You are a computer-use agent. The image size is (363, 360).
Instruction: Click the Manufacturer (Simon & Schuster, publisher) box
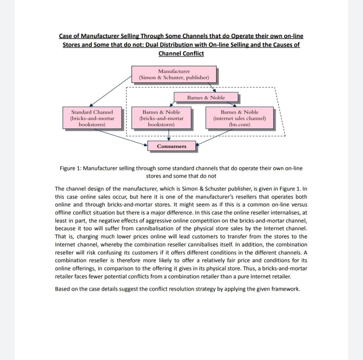click(174, 74)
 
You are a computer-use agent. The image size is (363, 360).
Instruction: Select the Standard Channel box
click(92, 118)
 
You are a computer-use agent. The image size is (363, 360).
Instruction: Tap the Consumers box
click(172, 146)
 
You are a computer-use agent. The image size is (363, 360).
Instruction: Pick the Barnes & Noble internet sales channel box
click(240, 118)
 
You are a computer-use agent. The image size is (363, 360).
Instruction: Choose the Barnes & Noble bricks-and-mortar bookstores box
click(161, 118)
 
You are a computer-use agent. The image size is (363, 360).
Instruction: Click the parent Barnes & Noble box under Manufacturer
click(206, 98)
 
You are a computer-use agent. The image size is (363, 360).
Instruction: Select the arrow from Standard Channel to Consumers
click(121, 137)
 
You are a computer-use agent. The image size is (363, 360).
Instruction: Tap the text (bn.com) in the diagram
click(240, 124)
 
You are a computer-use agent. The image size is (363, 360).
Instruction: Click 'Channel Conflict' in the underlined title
click(181, 54)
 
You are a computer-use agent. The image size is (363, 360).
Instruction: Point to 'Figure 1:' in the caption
click(71, 168)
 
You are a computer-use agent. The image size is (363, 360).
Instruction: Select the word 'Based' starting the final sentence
click(62, 289)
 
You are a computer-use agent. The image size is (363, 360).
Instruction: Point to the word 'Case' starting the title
click(66, 36)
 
